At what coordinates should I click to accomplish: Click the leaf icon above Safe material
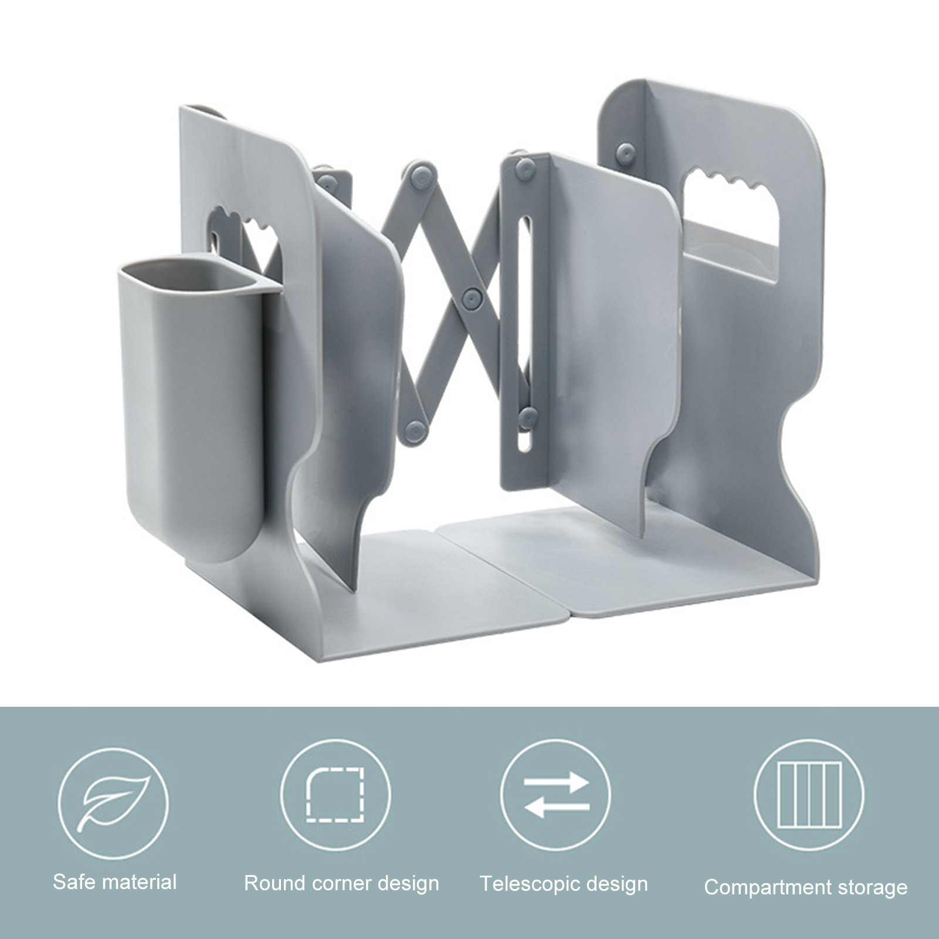pos(113,801)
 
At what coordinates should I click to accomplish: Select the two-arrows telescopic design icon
pos(556,795)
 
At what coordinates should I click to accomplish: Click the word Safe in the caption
pos(73,882)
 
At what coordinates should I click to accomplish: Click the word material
pos(138,882)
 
